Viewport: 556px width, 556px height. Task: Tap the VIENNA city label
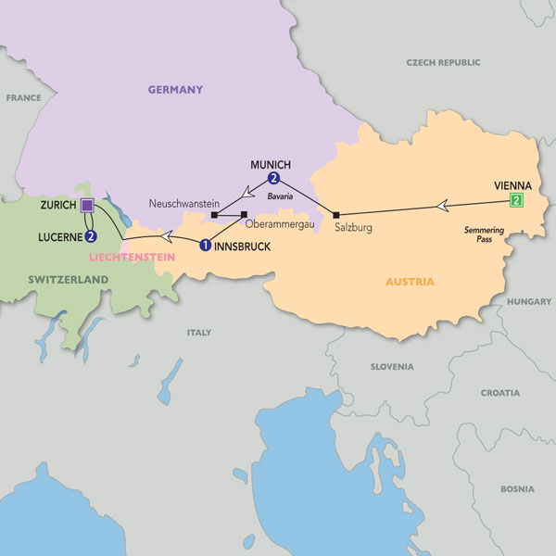pos(513,184)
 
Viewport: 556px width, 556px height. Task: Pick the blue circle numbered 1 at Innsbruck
pos(205,246)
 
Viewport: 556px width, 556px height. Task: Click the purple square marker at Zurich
pos(87,205)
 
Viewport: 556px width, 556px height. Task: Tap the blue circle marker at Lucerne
pos(91,236)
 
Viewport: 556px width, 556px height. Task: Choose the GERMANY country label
pos(175,90)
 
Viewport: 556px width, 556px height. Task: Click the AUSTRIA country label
pos(409,282)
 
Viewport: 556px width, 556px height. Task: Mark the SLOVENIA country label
pos(392,367)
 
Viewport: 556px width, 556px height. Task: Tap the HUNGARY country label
pos(529,301)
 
